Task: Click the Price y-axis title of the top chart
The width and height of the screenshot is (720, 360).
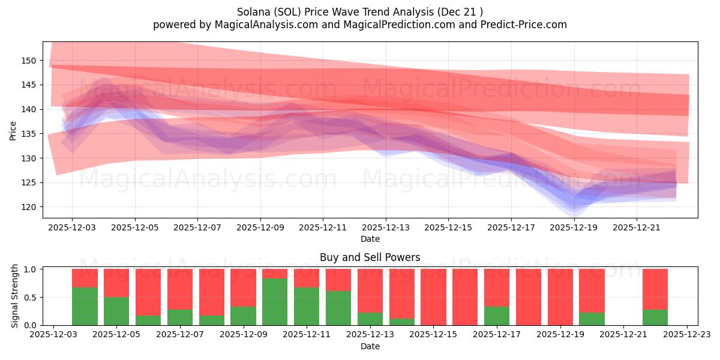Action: click(13, 130)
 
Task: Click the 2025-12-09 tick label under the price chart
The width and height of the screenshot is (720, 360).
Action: click(260, 228)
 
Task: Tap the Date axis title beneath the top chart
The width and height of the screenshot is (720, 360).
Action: click(370, 239)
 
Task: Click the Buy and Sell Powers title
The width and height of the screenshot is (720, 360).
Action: click(370, 257)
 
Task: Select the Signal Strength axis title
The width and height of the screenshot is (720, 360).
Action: click(15, 296)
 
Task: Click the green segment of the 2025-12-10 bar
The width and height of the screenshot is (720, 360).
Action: click(275, 302)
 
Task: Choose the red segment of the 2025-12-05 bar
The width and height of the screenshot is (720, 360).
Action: click(116, 283)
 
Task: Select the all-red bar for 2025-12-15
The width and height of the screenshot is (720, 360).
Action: click(433, 297)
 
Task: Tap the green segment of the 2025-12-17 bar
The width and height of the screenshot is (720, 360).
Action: click(497, 316)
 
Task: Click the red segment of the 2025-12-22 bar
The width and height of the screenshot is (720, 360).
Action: click(655, 289)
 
